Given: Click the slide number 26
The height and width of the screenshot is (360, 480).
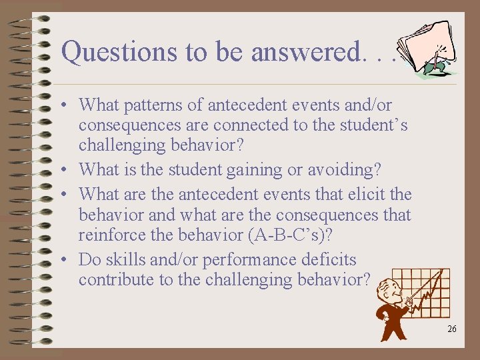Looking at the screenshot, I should pyautogui.click(x=451, y=329).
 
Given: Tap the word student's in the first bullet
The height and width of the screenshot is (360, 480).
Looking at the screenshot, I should pyautogui.click(x=375, y=125).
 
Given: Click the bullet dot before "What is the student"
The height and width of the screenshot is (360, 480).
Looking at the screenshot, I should pyautogui.click(x=68, y=171).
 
